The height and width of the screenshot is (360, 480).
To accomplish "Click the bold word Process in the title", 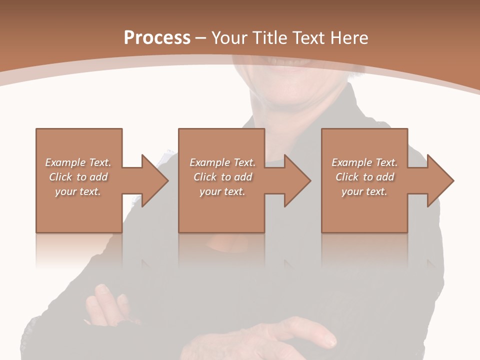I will pyautogui.click(x=157, y=37).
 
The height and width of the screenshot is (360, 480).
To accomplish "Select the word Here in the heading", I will pyautogui.click(x=349, y=37).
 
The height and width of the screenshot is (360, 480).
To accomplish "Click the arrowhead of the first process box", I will pyautogui.click(x=154, y=180).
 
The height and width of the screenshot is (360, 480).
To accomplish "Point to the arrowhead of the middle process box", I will pyautogui.click(x=297, y=180).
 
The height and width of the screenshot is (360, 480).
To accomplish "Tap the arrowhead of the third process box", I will pyautogui.click(x=440, y=180).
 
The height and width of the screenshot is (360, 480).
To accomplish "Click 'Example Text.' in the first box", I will pyautogui.click(x=78, y=162).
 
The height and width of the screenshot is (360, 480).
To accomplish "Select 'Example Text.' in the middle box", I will pyautogui.click(x=222, y=162).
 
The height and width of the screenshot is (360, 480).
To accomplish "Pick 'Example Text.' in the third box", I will pyautogui.click(x=364, y=162).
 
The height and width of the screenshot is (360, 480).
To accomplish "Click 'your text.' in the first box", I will pyautogui.click(x=78, y=191).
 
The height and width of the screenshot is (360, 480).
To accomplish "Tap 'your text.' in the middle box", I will pyautogui.click(x=222, y=191).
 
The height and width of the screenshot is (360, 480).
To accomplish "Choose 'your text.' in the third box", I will pyautogui.click(x=364, y=191).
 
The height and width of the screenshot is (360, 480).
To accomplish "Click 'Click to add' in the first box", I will pyautogui.click(x=78, y=177).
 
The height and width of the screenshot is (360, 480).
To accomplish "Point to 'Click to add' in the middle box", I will pyautogui.click(x=222, y=177).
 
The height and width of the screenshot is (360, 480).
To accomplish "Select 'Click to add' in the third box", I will pyautogui.click(x=364, y=177).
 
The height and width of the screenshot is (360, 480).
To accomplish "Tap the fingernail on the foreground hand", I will pyautogui.click(x=329, y=342).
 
